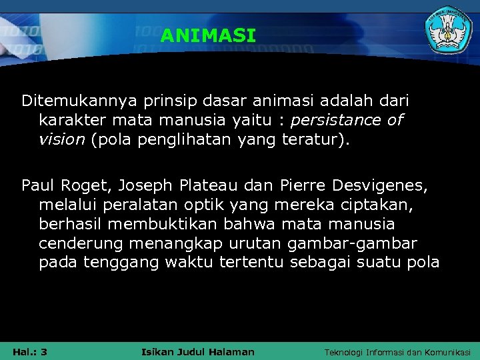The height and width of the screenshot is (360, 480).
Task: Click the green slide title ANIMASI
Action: (208, 36)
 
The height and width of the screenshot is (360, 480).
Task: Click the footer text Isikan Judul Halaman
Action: (198, 351)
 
